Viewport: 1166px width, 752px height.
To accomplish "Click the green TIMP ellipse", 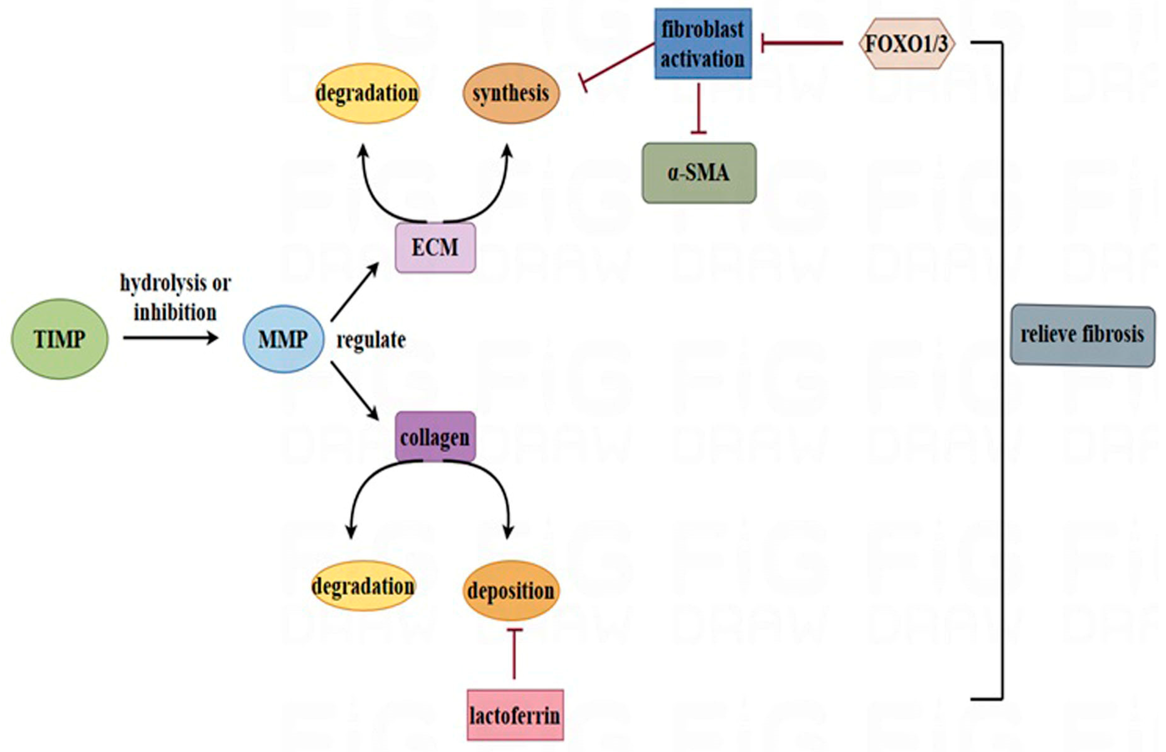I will [x=60, y=339].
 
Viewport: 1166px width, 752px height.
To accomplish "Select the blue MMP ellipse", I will [x=283, y=339].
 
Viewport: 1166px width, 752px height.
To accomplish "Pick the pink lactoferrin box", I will [x=515, y=715].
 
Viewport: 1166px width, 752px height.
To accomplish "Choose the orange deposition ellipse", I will [x=511, y=590].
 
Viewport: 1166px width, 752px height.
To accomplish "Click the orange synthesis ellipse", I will [x=511, y=93].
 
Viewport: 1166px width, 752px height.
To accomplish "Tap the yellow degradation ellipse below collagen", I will [x=363, y=585].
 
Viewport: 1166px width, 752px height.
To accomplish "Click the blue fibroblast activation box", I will [x=703, y=44].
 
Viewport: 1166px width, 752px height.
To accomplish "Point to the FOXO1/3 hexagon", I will [x=907, y=44].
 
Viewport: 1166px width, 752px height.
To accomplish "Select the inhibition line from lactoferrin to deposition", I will [x=514, y=654].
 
